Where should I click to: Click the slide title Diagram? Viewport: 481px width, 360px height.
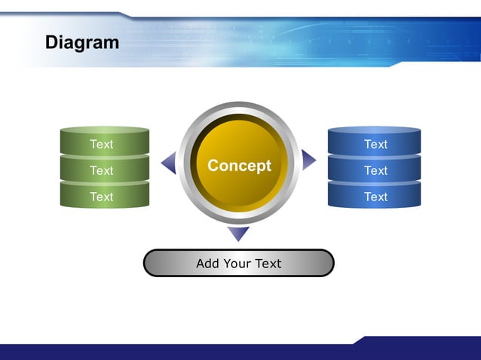(x=82, y=42)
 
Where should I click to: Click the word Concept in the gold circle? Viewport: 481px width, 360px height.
(x=239, y=166)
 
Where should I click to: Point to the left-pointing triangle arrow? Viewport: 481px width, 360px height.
(x=169, y=162)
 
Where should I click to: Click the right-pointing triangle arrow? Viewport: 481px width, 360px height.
(x=308, y=160)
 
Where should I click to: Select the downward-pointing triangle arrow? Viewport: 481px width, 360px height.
(x=238, y=233)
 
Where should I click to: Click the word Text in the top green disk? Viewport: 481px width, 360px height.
(x=102, y=144)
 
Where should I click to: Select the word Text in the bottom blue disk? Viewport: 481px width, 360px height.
(x=375, y=197)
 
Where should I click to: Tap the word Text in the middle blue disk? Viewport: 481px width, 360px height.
(x=375, y=170)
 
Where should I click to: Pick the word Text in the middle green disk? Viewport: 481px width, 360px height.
(x=102, y=170)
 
